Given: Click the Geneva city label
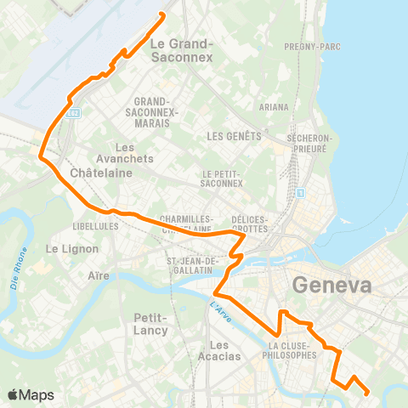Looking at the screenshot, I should (332, 286).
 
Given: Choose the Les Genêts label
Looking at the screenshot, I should (232, 136).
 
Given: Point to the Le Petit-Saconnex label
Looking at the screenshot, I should (223, 178).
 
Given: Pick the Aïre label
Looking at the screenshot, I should (99, 277).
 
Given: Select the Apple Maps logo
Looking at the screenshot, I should (31, 394).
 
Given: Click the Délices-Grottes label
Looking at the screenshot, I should (248, 224).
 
